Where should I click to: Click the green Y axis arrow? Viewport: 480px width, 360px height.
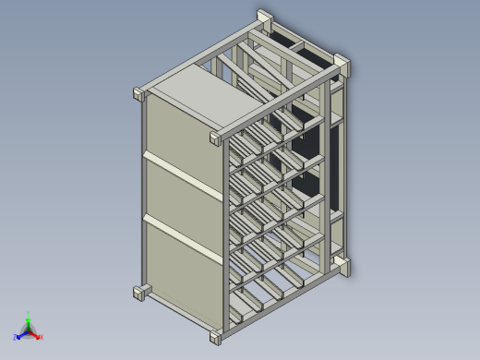click(29, 320)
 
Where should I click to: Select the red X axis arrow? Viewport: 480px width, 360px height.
click(37, 334)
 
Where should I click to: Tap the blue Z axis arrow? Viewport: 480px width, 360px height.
click(20, 335)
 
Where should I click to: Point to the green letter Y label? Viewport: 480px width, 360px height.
click(29, 313)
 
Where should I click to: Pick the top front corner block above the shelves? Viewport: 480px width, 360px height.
click(217, 138)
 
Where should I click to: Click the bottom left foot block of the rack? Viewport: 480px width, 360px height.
click(141, 293)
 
